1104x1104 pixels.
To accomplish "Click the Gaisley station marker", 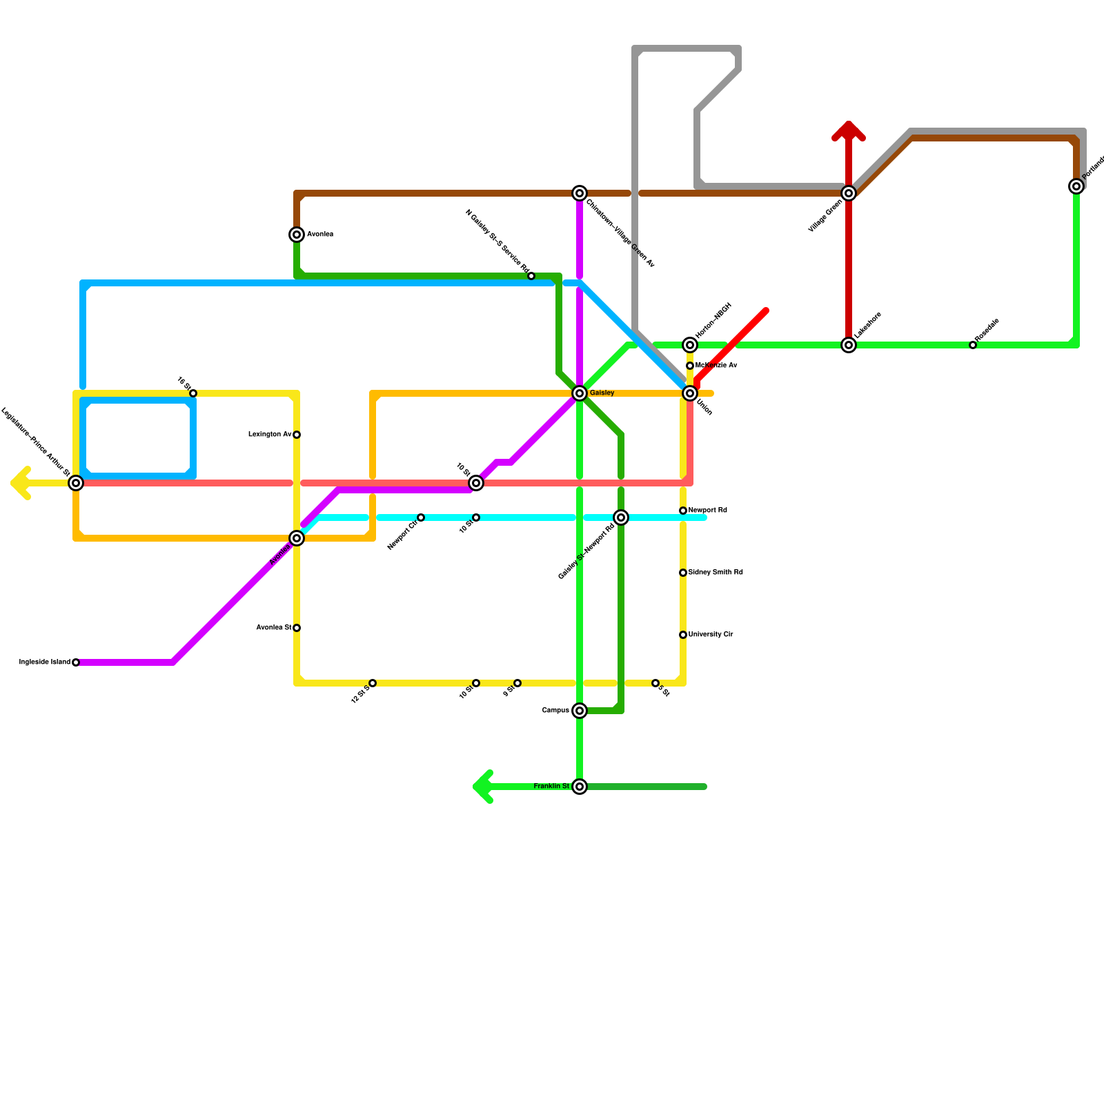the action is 580,393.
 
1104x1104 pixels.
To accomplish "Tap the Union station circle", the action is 690,393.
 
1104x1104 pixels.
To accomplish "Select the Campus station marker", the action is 580,711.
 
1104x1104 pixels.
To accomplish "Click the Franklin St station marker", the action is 580,787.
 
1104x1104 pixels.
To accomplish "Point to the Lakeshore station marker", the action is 849,345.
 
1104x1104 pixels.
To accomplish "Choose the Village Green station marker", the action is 849,193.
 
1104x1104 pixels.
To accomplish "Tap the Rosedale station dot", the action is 973,345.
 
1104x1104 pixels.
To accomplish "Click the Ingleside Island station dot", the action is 76,662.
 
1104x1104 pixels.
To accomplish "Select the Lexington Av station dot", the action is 297,435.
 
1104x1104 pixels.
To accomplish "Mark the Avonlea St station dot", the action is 297,628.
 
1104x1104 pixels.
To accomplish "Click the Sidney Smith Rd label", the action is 716,573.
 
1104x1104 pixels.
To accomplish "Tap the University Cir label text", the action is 711,635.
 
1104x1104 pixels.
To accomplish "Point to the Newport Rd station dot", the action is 683,511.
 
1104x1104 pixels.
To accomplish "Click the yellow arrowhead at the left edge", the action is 19,483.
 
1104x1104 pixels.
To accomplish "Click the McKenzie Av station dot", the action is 690,366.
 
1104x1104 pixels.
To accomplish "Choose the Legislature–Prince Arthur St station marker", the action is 76,483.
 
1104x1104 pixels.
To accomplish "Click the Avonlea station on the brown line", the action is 297,235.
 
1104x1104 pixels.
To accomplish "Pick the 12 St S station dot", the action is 373,683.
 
